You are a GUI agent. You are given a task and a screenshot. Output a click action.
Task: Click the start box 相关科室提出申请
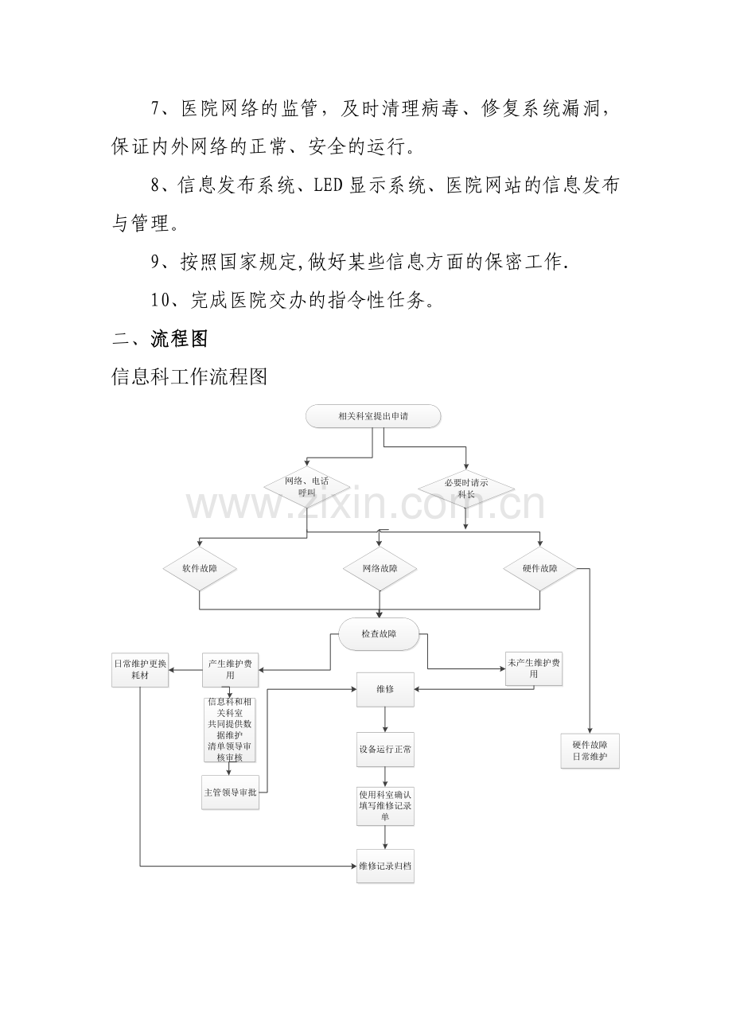[x=372, y=416]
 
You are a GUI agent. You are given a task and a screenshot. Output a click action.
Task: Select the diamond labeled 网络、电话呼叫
[x=306, y=487]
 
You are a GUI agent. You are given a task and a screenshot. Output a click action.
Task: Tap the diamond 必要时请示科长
[x=466, y=489]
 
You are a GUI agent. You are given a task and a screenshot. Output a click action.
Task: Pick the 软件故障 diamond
[x=200, y=568]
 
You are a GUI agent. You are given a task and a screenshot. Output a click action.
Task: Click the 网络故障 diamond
[x=380, y=568]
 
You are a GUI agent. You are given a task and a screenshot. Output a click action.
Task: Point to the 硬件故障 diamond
[x=540, y=568]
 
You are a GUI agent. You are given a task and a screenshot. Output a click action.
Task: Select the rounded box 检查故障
[x=379, y=634]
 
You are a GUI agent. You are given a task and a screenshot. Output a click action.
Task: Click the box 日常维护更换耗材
[x=140, y=670]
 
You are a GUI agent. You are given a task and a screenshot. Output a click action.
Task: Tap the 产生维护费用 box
[x=230, y=670]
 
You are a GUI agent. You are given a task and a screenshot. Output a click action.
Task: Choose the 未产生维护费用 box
[x=534, y=668]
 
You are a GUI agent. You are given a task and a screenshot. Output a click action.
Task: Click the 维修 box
[x=385, y=690]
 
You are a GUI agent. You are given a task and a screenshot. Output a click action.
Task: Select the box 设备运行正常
[x=385, y=750]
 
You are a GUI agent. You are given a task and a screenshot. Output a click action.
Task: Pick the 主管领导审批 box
[x=230, y=793]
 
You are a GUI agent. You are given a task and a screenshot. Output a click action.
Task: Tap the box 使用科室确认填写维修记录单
[x=385, y=806]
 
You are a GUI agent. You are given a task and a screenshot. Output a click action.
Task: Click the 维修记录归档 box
[x=385, y=867]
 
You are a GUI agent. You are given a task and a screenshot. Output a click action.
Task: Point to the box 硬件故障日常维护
[x=590, y=751]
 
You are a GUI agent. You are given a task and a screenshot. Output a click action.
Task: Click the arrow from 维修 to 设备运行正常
[x=385, y=719]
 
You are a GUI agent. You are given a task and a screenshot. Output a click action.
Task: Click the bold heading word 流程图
[x=179, y=339]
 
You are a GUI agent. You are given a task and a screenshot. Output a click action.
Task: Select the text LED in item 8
[x=328, y=185]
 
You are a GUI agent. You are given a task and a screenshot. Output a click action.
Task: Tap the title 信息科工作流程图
[x=189, y=377]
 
